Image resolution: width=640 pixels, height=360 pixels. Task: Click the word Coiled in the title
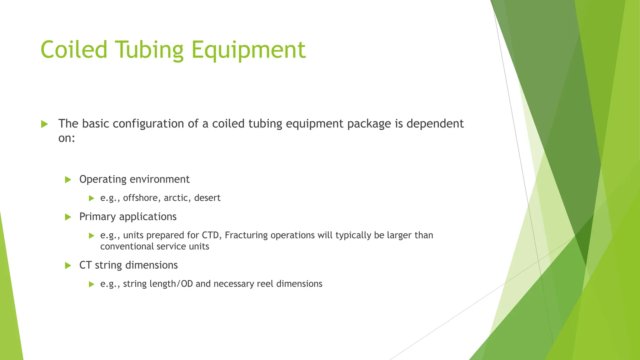pos(74,49)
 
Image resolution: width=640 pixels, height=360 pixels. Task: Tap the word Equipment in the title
pos(248,50)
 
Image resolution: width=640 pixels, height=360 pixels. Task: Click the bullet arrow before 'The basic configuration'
pos(44,124)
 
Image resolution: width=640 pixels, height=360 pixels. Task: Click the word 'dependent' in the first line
pos(435,124)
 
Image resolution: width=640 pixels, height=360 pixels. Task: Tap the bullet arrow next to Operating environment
pos(68,180)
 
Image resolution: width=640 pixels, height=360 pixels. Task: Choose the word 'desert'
pos(207,198)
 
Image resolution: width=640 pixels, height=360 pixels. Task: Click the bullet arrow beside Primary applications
pos(68,217)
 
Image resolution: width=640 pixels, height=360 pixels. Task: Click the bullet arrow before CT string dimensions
pos(68,266)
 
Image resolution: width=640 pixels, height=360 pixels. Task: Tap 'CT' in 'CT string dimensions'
pos(85,265)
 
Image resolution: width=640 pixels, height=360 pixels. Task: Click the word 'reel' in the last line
pos(265,284)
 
